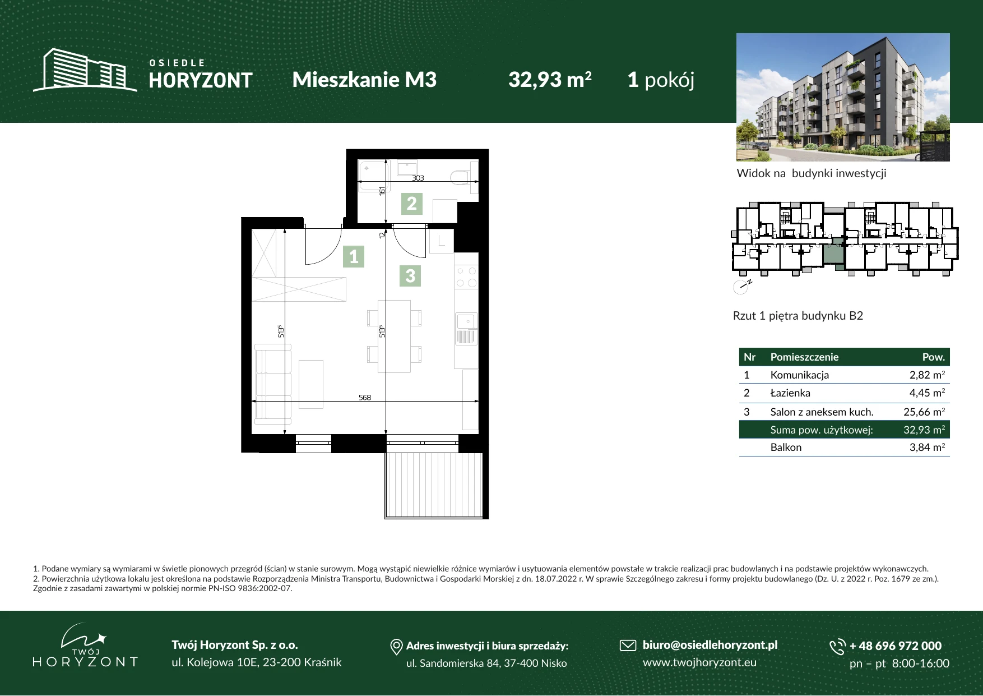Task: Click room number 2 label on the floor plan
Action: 412,204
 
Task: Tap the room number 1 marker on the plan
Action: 354,256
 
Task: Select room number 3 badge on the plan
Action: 410,276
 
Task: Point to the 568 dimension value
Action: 365,398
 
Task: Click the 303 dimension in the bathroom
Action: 418,178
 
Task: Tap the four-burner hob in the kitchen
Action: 466,277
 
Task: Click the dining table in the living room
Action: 394,337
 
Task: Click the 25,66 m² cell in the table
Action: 924,412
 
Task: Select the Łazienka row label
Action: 790,393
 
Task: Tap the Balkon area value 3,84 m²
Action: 927,447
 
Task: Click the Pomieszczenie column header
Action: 804,357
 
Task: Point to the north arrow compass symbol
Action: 741,287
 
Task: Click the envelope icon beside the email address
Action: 628,646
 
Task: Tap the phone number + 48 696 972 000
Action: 896,646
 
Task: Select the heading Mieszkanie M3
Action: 364,80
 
